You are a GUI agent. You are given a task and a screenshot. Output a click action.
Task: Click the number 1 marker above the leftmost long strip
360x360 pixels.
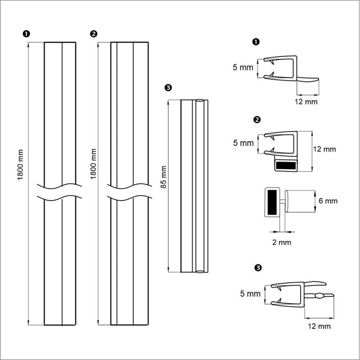26,34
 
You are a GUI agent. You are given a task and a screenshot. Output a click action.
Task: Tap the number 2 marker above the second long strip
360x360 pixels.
94,34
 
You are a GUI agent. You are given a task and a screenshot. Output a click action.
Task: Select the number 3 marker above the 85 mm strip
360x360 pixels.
168,88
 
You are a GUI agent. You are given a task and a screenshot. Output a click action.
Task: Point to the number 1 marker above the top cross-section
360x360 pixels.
256,42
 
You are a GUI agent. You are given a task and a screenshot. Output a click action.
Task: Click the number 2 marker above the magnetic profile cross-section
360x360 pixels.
257,120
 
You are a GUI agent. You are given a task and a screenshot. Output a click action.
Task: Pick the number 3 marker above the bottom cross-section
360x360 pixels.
258,268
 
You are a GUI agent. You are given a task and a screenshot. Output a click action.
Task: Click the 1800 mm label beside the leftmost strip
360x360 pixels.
21,165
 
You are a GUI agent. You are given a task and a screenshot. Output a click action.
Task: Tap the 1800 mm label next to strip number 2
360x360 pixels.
93,164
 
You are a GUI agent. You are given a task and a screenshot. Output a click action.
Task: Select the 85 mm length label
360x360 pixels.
163,177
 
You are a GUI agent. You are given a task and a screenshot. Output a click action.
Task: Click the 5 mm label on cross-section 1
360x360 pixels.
243,67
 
